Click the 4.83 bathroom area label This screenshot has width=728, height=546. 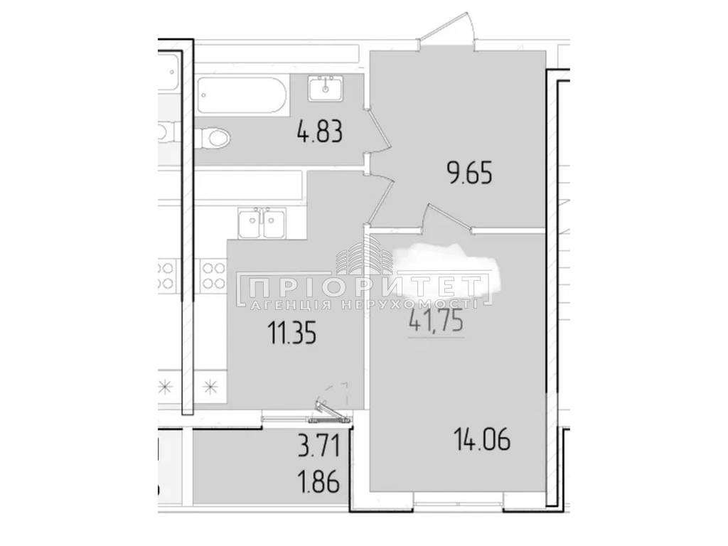320,132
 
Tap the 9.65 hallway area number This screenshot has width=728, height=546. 469,174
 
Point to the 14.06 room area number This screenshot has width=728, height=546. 482,439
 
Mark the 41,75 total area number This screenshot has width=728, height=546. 436,321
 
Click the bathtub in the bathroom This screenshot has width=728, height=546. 242,95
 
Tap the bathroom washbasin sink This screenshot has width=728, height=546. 326,88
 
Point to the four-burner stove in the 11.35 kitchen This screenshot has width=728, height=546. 213,274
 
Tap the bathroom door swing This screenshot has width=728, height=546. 378,132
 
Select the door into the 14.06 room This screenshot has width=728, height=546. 448,218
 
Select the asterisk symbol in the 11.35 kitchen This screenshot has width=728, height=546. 210,386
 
